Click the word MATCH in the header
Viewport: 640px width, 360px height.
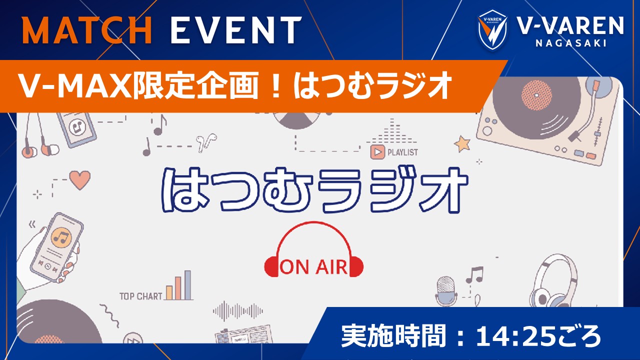coord(87,31)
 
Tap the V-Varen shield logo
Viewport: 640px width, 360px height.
coord(492,31)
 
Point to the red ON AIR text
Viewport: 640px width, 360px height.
coord(313,267)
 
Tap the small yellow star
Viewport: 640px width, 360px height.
coord(462,143)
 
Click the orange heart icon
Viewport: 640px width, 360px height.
coord(79,179)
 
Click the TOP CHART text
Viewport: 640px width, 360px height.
coord(140,296)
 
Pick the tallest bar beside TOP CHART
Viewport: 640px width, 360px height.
coord(187,285)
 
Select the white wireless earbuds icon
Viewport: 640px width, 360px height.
coord(203,142)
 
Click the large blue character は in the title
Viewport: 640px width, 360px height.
coord(183,190)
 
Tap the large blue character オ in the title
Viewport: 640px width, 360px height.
coord(440,190)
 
